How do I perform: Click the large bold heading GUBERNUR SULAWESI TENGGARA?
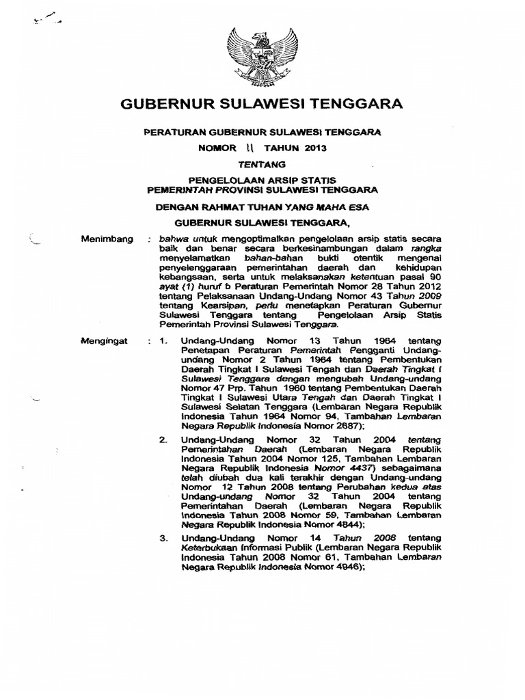262,104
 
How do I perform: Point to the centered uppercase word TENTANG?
261,163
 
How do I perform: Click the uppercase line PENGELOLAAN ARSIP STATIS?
261,181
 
